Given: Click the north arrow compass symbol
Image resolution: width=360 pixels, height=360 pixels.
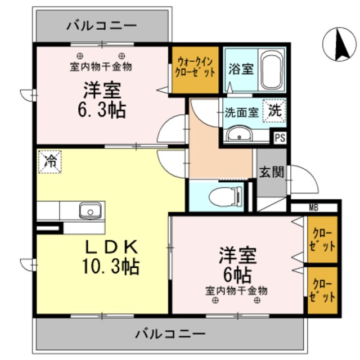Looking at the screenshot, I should click(x=339, y=43).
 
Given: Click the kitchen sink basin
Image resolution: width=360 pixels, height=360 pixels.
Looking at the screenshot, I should click(x=89, y=211).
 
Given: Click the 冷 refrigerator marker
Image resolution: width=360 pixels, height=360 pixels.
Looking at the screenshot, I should click(x=49, y=163).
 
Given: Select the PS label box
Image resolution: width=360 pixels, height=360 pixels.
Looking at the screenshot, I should click(x=280, y=137).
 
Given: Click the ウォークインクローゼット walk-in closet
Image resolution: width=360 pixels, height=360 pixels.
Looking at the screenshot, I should click(x=195, y=69).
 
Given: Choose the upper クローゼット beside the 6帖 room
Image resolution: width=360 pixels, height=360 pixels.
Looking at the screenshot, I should click(x=323, y=239).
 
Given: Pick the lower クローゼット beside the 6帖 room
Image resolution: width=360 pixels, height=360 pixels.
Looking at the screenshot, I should click(x=323, y=290).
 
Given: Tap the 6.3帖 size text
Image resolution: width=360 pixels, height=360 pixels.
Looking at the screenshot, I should click(x=102, y=110).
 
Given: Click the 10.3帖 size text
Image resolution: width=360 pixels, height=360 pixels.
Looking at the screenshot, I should click(x=112, y=265).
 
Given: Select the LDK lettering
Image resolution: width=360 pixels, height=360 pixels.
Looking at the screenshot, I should click(x=111, y=247).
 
